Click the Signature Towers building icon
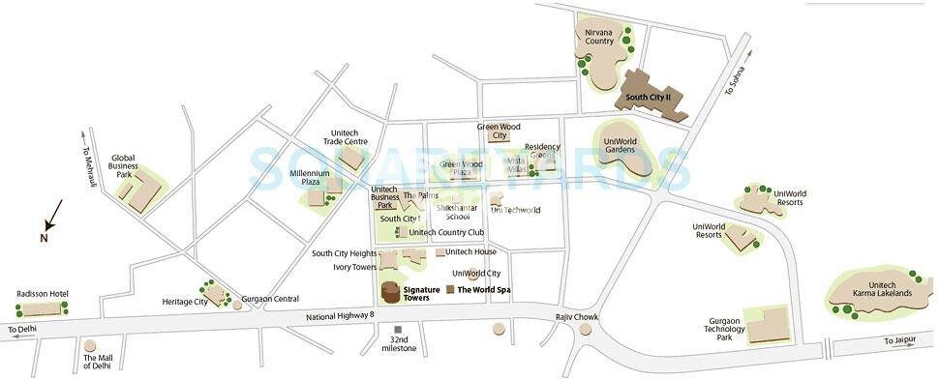pos(389,293)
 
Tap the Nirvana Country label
pos(599,37)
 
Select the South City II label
pos(654,98)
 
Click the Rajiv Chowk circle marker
pos(586,331)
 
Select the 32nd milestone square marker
pos(397,331)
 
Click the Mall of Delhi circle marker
pos(90,345)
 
